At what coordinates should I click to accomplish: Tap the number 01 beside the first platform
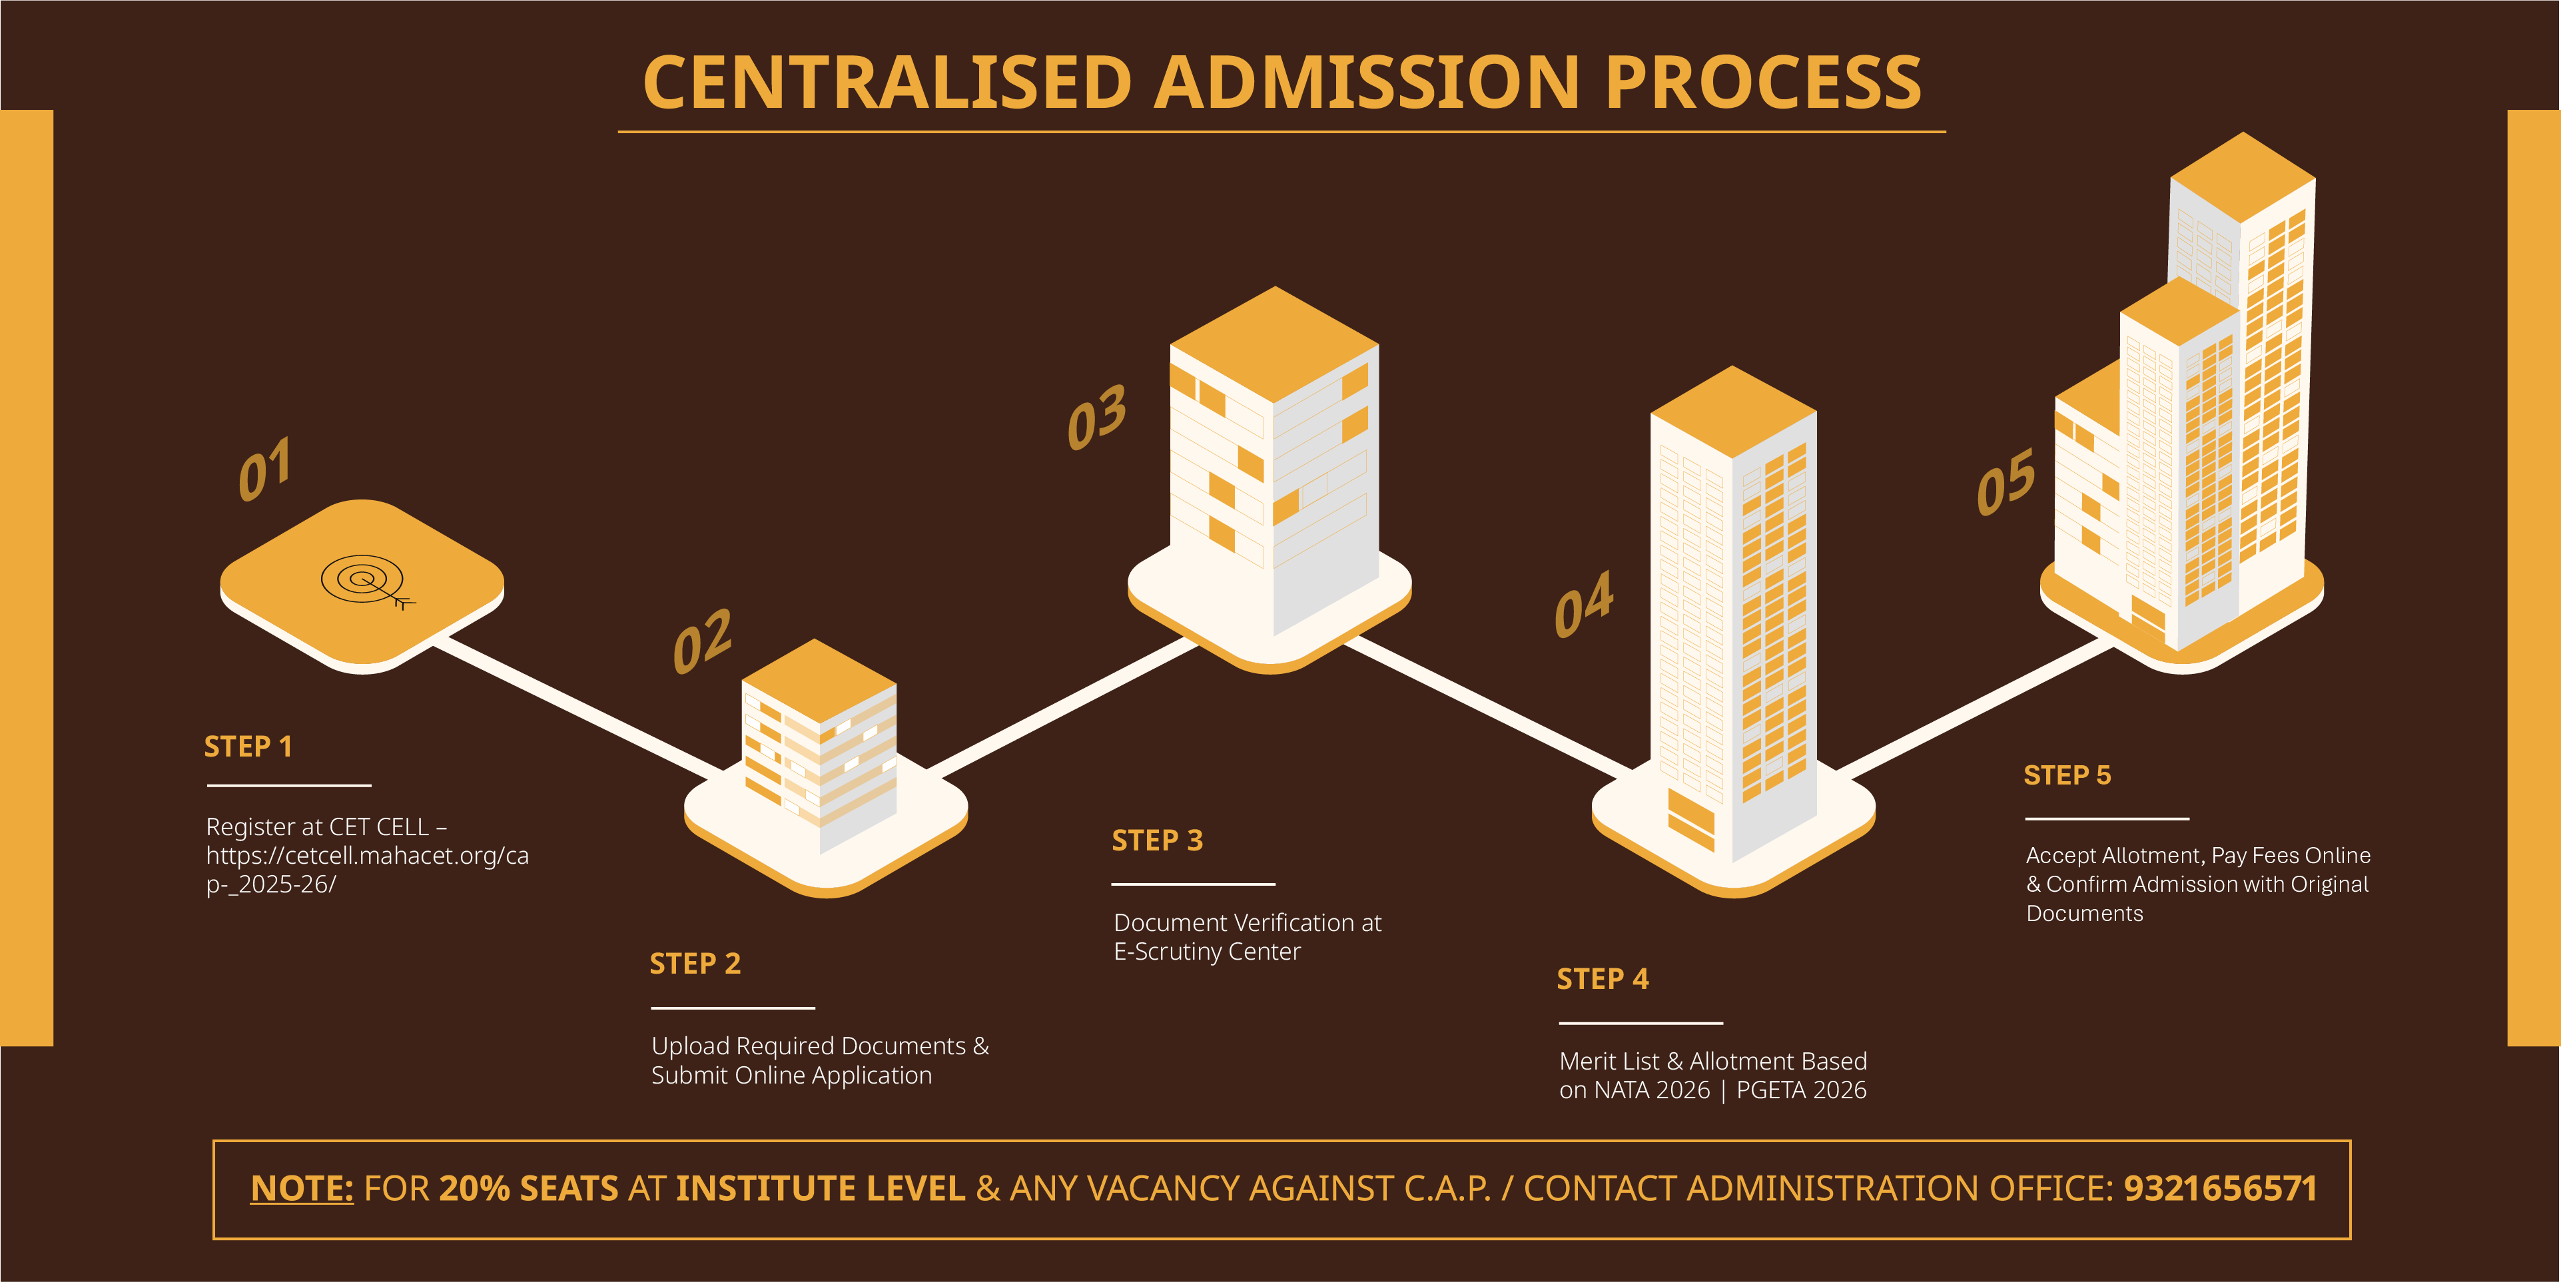click(x=264, y=468)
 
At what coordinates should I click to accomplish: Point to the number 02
click(x=702, y=641)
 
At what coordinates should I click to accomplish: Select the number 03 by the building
click(x=1096, y=418)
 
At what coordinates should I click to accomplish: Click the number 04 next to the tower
click(x=1584, y=603)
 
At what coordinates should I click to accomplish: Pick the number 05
click(x=2006, y=482)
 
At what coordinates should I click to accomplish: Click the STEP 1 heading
click(x=248, y=747)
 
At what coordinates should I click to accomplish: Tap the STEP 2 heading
click(x=695, y=964)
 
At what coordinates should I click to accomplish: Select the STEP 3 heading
click(x=1157, y=840)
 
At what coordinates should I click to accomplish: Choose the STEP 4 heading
click(x=1603, y=980)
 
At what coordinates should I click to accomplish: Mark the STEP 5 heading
click(x=2067, y=775)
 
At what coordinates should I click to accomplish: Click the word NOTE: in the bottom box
click(x=301, y=1189)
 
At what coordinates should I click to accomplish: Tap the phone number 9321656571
click(x=2220, y=1189)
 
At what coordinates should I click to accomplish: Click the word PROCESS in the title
click(x=1762, y=83)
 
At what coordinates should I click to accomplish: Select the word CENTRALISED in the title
click(x=887, y=83)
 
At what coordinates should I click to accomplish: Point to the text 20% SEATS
click(x=528, y=1189)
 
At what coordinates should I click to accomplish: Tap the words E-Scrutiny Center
click(x=1207, y=952)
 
